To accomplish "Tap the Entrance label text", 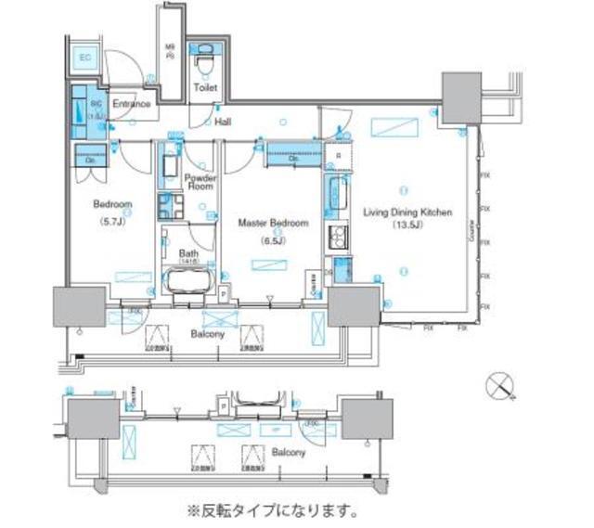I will pyautogui.click(x=131, y=104).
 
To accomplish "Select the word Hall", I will pyautogui.click(x=223, y=122).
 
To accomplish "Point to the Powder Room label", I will pyautogui.click(x=200, y=182).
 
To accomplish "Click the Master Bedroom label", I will pyautogui.click(x=273, y=224).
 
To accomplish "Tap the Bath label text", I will pyautogui.click(x=187, y=251).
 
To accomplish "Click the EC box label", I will pyautogui.click(x=85, y=58).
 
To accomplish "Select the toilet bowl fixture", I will pyautogui.click(x=204, y=60).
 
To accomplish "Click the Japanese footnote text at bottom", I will pyautogui.click(x=273, y=510).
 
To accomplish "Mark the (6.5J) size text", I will pyautogui.click(x=273, y=241).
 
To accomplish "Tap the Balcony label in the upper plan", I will pyautogui.click(x=208, y=333).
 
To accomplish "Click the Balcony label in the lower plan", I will pyautogui.click(x=288, y=452).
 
